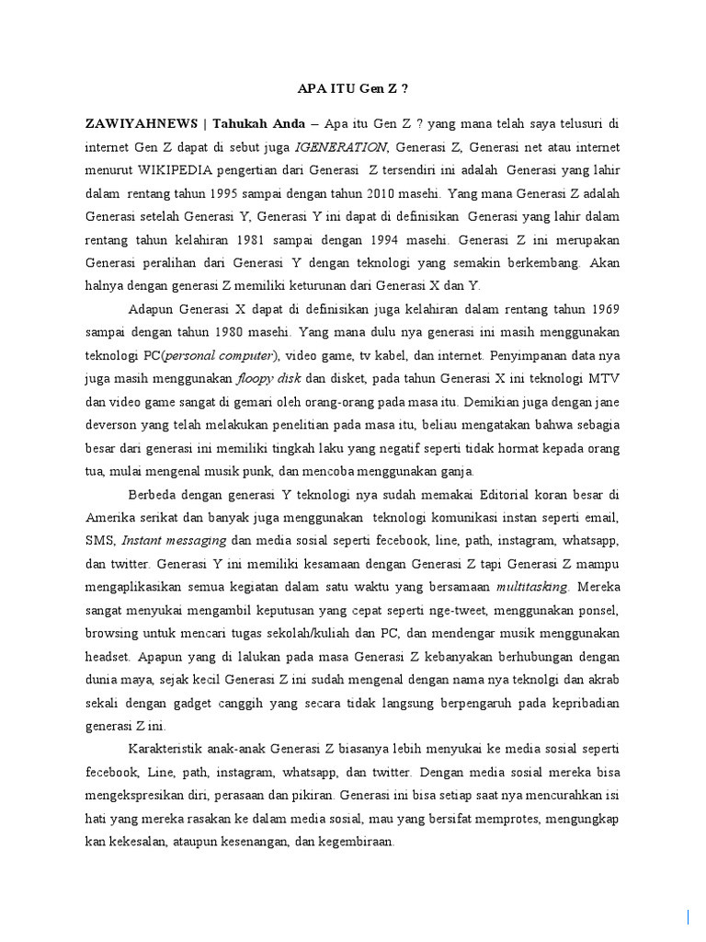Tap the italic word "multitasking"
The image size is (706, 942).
pyautogui.click(x=532, y=586)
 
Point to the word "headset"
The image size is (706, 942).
pyautogui.click(x=108, y=658)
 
